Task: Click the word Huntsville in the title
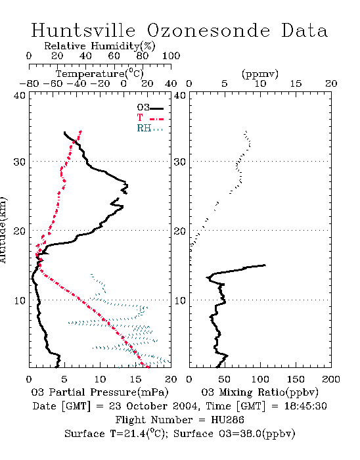tap(83, 30)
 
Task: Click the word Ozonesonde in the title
tap(208, 30)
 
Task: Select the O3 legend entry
tap(150, 108)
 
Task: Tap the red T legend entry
tap(150, 118)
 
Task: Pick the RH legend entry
tap(150, 128)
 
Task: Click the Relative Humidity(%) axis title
tap(100, 46)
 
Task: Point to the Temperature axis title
tap(100, 74)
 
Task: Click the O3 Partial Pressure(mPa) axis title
tap(100, 392)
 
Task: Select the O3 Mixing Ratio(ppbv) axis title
tap(259, 392)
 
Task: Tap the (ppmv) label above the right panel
tap(260, 74)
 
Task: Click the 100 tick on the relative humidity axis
tap(171, 55)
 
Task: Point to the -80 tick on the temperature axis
tap(29, 83)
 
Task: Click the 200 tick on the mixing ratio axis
tap(331, 379)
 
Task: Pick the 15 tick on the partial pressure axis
tap(135, 379)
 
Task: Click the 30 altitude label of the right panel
tap(180, 162)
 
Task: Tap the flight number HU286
tap(227, 420)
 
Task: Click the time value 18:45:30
tap(305, 406)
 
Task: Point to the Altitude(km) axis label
tap(3, 230)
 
